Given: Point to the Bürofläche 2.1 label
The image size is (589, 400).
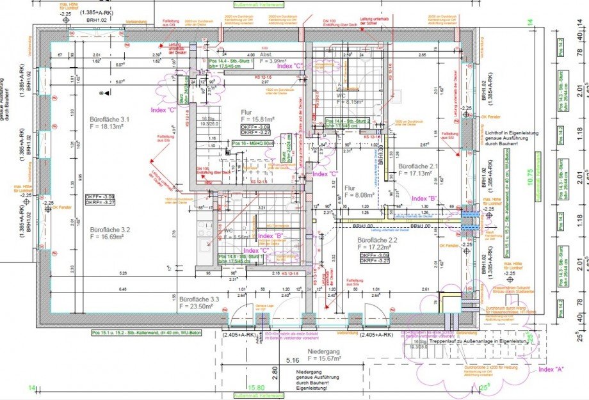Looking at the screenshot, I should tap(418, 166).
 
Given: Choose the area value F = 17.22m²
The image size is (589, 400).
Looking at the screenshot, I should tap(382, 246).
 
